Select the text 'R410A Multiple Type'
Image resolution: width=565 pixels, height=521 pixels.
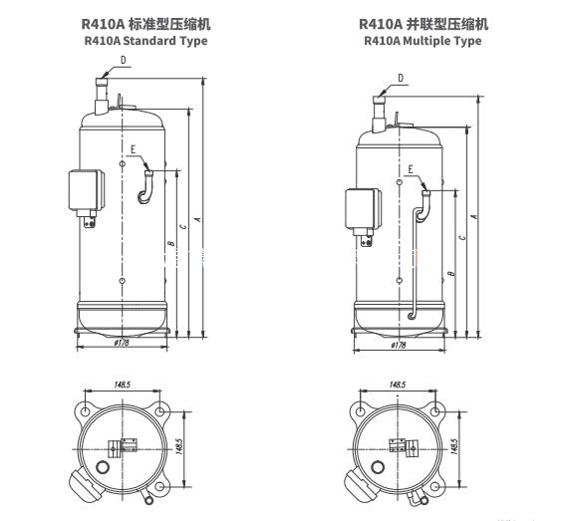click(x=424, y=41)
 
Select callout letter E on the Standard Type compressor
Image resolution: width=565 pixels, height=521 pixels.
click(x=132, y=150)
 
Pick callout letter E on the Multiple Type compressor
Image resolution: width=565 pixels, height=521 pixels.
click(x=409, y=170)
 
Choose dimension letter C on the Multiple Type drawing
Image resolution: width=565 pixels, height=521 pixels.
click(x=461, y=238)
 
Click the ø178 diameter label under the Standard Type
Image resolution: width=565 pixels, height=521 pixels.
click(x=122, y=344)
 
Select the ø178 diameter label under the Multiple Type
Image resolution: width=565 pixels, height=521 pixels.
click(x=399, y=345)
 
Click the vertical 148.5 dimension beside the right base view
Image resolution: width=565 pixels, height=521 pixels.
click(x=454, y=443)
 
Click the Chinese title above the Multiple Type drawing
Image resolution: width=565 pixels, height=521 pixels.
click(x=424, y=23)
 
